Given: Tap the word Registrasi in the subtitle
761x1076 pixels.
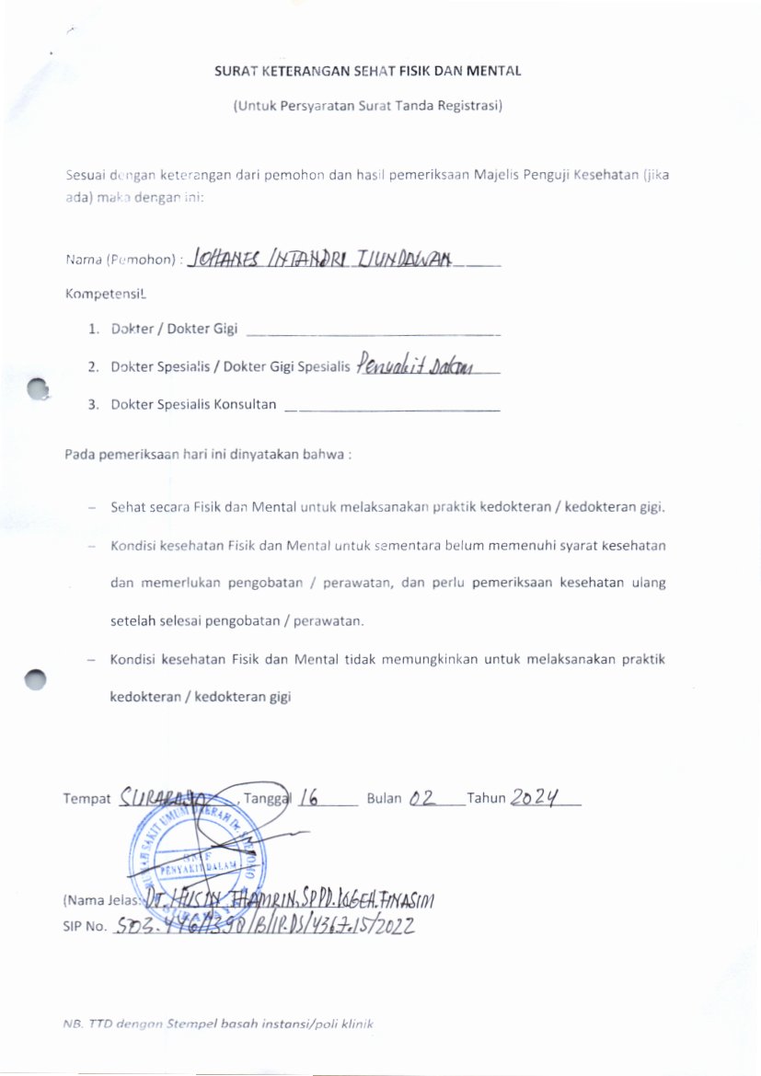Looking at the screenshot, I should pos(470,106).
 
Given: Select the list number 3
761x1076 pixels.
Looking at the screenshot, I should pos(93,404).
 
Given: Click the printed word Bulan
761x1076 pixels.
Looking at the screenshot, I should pos(384,799).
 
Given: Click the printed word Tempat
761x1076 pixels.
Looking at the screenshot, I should pos(87,799).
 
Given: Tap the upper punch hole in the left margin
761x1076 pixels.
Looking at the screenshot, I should pos(38,390).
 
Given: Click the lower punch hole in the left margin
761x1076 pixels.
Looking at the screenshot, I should pos(35,679).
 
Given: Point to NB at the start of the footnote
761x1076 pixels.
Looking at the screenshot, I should pos(72,1024).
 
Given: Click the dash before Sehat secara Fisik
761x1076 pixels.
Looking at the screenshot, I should pos(92,507).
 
